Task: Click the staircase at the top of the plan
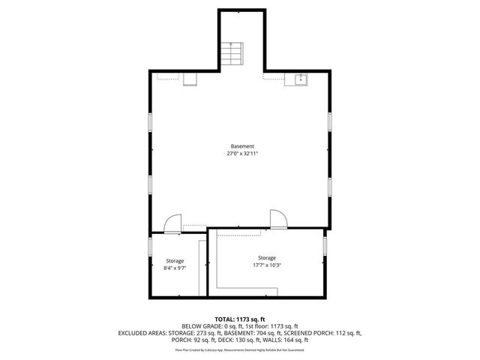pos(232,53)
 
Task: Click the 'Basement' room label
pos(241,146)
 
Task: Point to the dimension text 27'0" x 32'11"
pos(241,154)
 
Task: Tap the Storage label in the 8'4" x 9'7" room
pos(175,261)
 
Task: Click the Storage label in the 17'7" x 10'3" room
pos(267,257)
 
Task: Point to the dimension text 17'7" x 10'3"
pos(267,265)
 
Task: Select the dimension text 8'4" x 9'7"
pos(175,268)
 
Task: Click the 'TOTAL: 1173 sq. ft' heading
pos(241,319)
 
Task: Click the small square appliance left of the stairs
pos(190,79)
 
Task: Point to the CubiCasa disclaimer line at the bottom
pos(240,349)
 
